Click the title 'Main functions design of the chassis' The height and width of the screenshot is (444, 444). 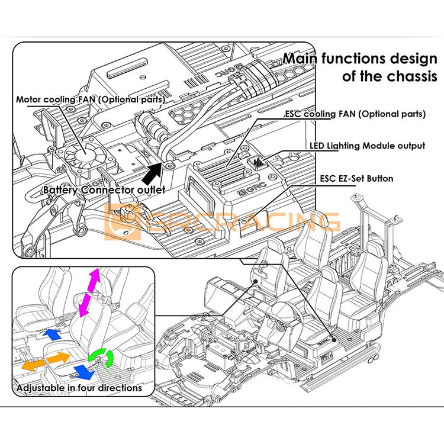[x=362, y=67]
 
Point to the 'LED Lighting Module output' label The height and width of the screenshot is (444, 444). [x=367, y=145]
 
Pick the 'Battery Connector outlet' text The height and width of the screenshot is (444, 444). [x=104, y=190]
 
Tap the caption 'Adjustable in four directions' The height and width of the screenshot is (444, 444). [x=79, y=388]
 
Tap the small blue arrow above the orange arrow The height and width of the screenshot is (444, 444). [x=53, y=335]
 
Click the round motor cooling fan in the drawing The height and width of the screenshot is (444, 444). [x=83, y=154]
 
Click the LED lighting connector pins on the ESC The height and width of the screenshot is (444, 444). [x=259, y=161]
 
